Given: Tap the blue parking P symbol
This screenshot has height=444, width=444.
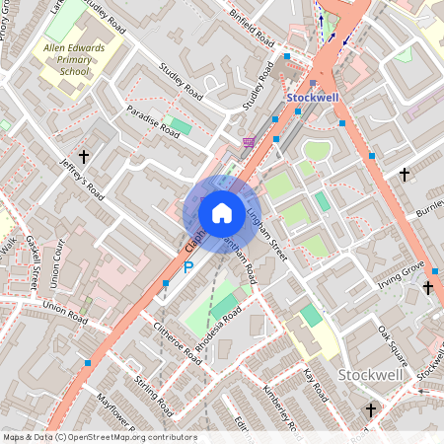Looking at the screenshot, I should (x=187, y=267).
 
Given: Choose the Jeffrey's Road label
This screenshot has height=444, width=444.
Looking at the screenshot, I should (x=81, y=179).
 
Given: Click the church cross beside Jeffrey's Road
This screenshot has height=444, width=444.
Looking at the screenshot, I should (x=84, y=156).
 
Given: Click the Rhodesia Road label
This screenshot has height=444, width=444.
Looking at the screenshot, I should (x=218, y=327).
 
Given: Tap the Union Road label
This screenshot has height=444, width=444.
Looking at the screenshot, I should (x=65, y=315).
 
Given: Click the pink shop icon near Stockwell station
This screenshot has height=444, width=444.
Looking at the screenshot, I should (x=249, y=144).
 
